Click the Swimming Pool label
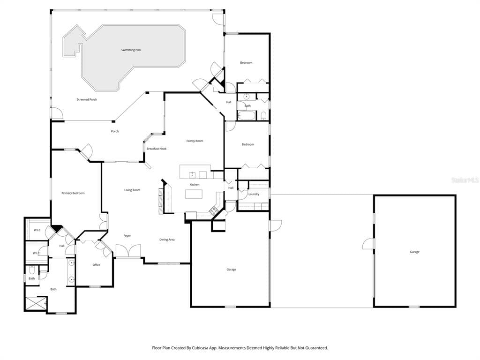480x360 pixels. coord(131,50)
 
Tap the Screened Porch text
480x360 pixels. coord(87,99)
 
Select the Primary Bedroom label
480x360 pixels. coord(73,193)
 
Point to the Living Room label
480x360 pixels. coord(132,190)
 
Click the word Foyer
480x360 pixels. coord(127,236)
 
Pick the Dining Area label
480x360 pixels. coord(167,240)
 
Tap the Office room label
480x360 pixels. coord(97,265)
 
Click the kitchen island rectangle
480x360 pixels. coord(194,194)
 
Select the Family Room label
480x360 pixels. coord(195,141)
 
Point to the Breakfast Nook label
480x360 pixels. coord(157,149)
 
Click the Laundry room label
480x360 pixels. coord(254,194)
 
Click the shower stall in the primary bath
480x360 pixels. coord(36,303)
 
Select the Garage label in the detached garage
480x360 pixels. coord(414,252)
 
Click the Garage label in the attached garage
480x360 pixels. coord(231,270)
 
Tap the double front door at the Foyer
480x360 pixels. coord(128,251)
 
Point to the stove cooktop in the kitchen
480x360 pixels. coord(214,210)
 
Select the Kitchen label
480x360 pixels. coord(195,185)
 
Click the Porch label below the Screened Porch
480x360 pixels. coord(115,131)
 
